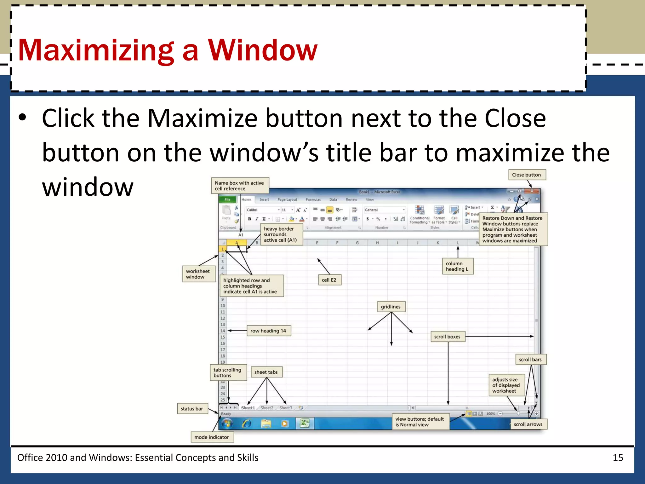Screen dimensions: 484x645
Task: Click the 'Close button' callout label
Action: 527,175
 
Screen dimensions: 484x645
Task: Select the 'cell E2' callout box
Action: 329,280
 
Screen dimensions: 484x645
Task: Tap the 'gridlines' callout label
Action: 391,307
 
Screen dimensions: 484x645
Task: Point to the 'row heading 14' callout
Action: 268,331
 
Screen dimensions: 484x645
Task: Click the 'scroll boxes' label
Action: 447,337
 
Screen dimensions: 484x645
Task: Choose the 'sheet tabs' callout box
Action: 266,372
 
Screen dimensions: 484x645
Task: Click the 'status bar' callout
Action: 192,409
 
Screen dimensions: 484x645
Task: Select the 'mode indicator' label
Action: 212,437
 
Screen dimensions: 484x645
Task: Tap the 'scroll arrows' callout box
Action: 528,424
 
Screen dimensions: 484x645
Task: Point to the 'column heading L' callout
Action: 457,266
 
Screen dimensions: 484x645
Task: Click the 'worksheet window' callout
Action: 198,274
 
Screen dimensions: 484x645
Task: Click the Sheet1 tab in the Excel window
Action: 248,408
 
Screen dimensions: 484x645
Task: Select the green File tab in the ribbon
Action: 227,199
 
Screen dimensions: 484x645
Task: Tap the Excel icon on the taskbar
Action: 304,423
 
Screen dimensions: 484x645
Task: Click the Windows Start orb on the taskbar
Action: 227,423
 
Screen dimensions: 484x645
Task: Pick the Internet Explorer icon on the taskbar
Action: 247,423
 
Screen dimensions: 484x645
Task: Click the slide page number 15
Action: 618,458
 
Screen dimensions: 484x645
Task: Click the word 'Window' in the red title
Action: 263,50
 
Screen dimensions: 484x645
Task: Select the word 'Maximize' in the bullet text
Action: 202,118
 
